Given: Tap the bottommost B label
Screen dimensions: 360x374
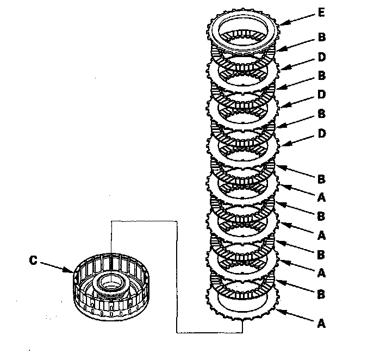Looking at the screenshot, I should coord(321,294).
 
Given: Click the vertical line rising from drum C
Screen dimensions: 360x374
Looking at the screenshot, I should coord(110,239).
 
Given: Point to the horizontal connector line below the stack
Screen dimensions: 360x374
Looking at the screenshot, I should coord(210,332).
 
